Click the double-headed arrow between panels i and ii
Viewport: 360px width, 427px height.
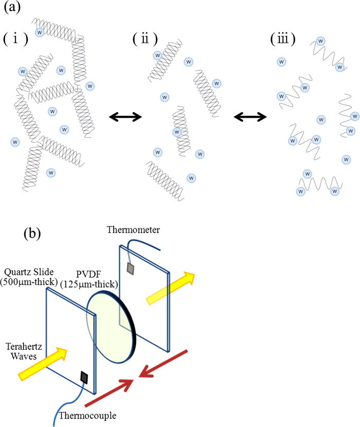pyautogui.click(x=125, y=117)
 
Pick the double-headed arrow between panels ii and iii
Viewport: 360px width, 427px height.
pyautogui.click(x=250, y=117)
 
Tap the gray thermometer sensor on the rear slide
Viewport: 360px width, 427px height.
pyautogui.click(x=132, y=269)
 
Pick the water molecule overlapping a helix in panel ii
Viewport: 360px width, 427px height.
pyautogui.click(x=177, y=132)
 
